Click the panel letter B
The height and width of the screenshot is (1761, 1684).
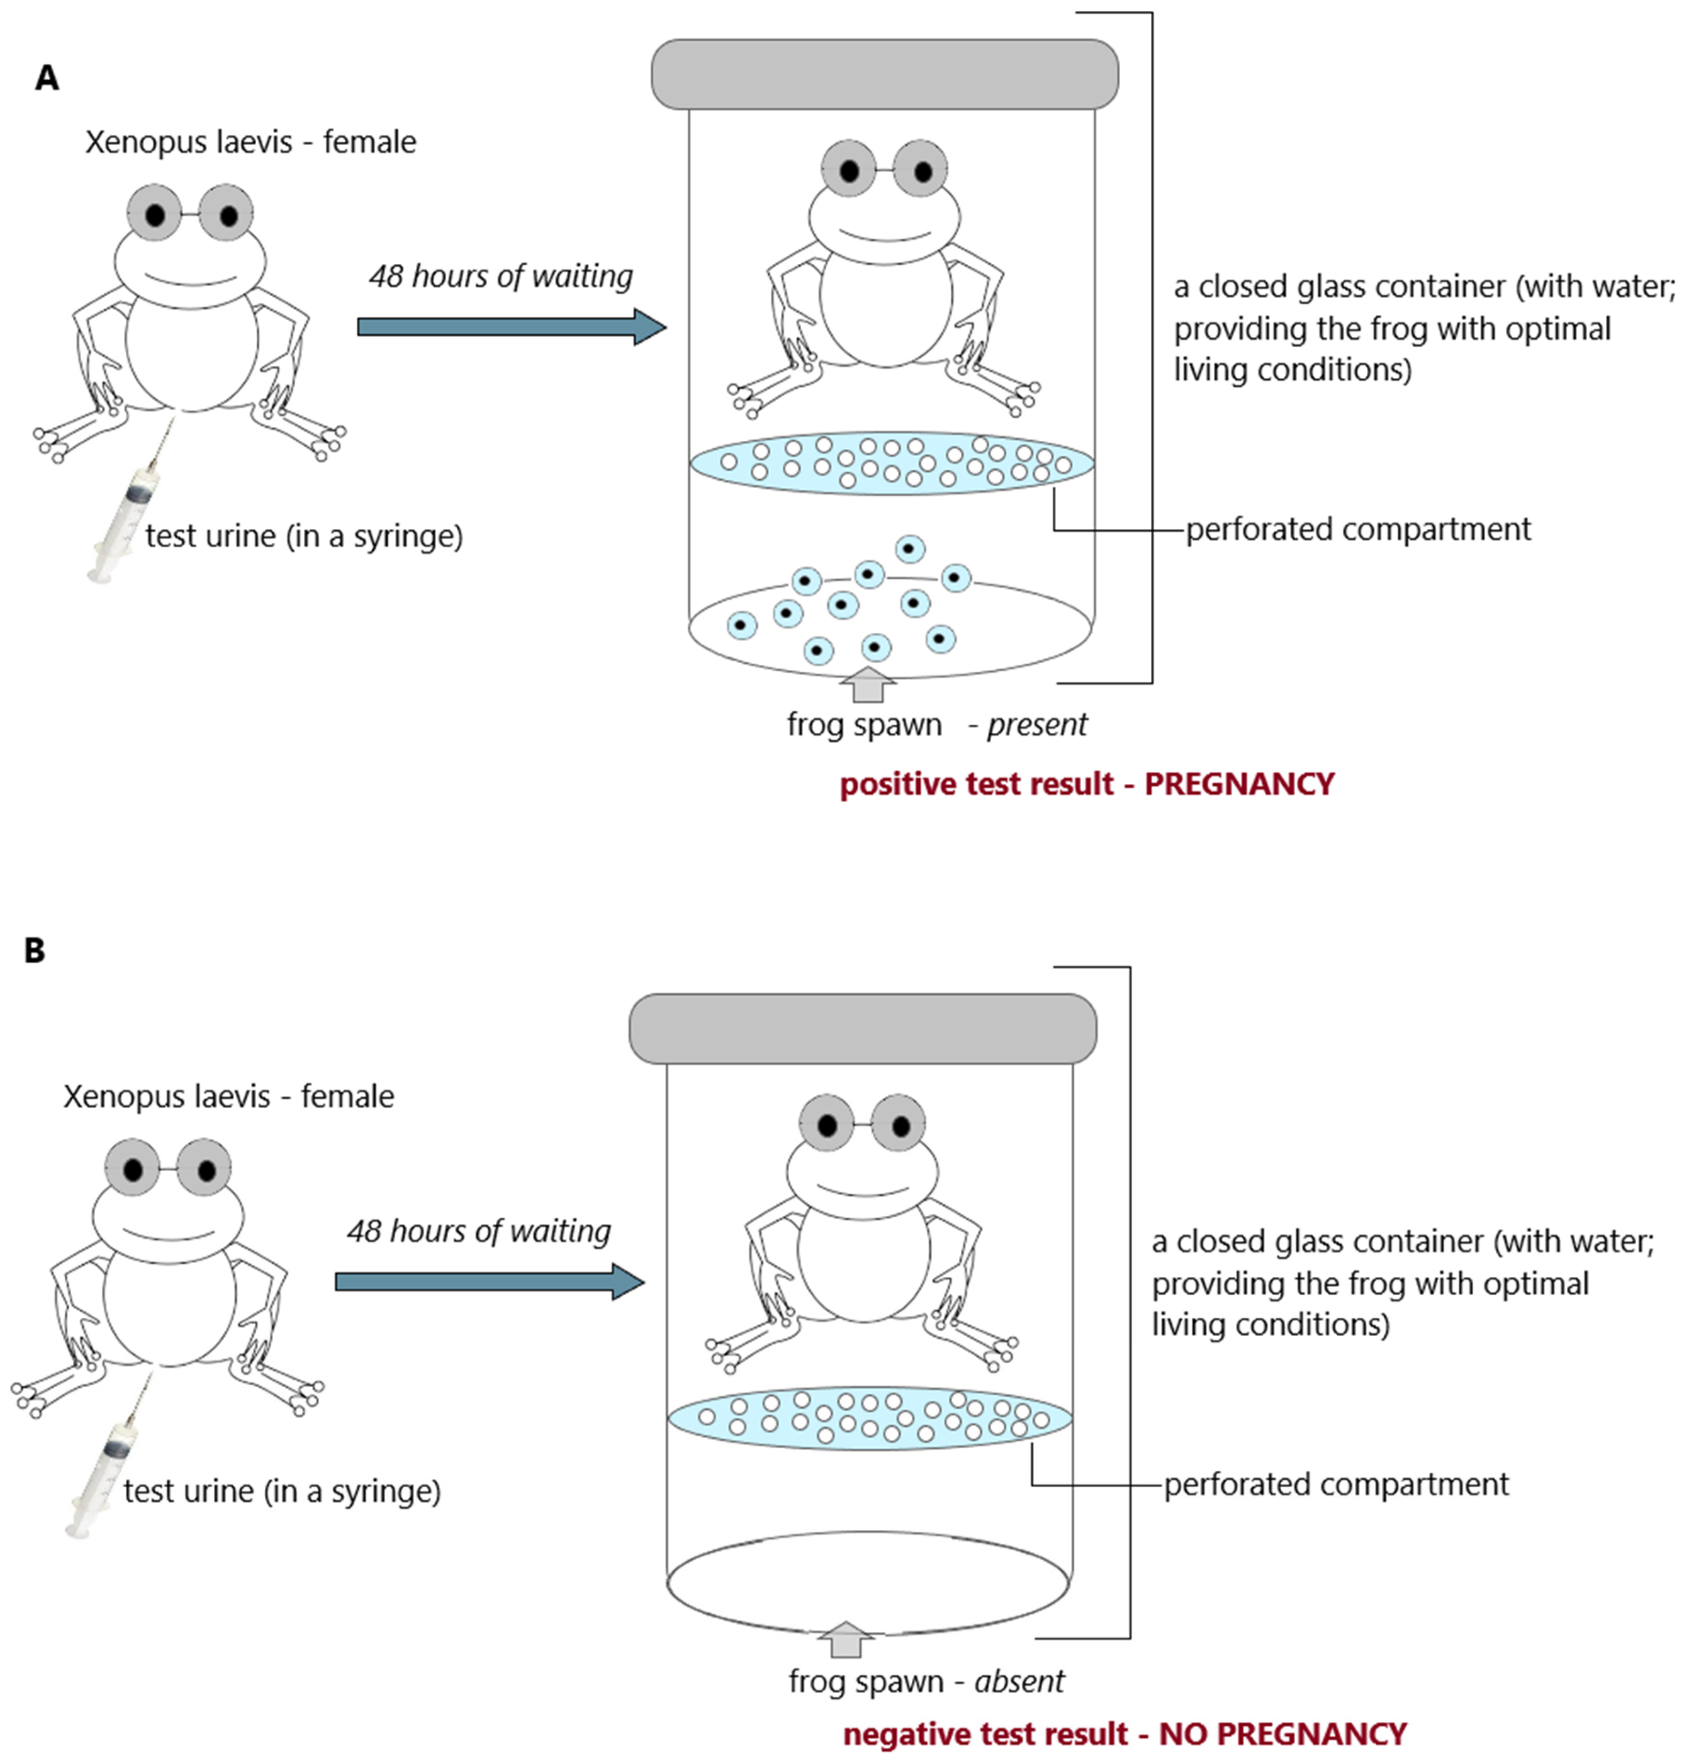click(34, 950)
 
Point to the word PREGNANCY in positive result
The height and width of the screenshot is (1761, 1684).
click(1239, 784)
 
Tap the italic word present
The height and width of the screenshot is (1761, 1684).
click(1037, 724)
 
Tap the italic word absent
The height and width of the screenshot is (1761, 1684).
click(1019, 1681)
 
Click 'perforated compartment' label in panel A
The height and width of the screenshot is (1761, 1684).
click(1357, 529)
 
